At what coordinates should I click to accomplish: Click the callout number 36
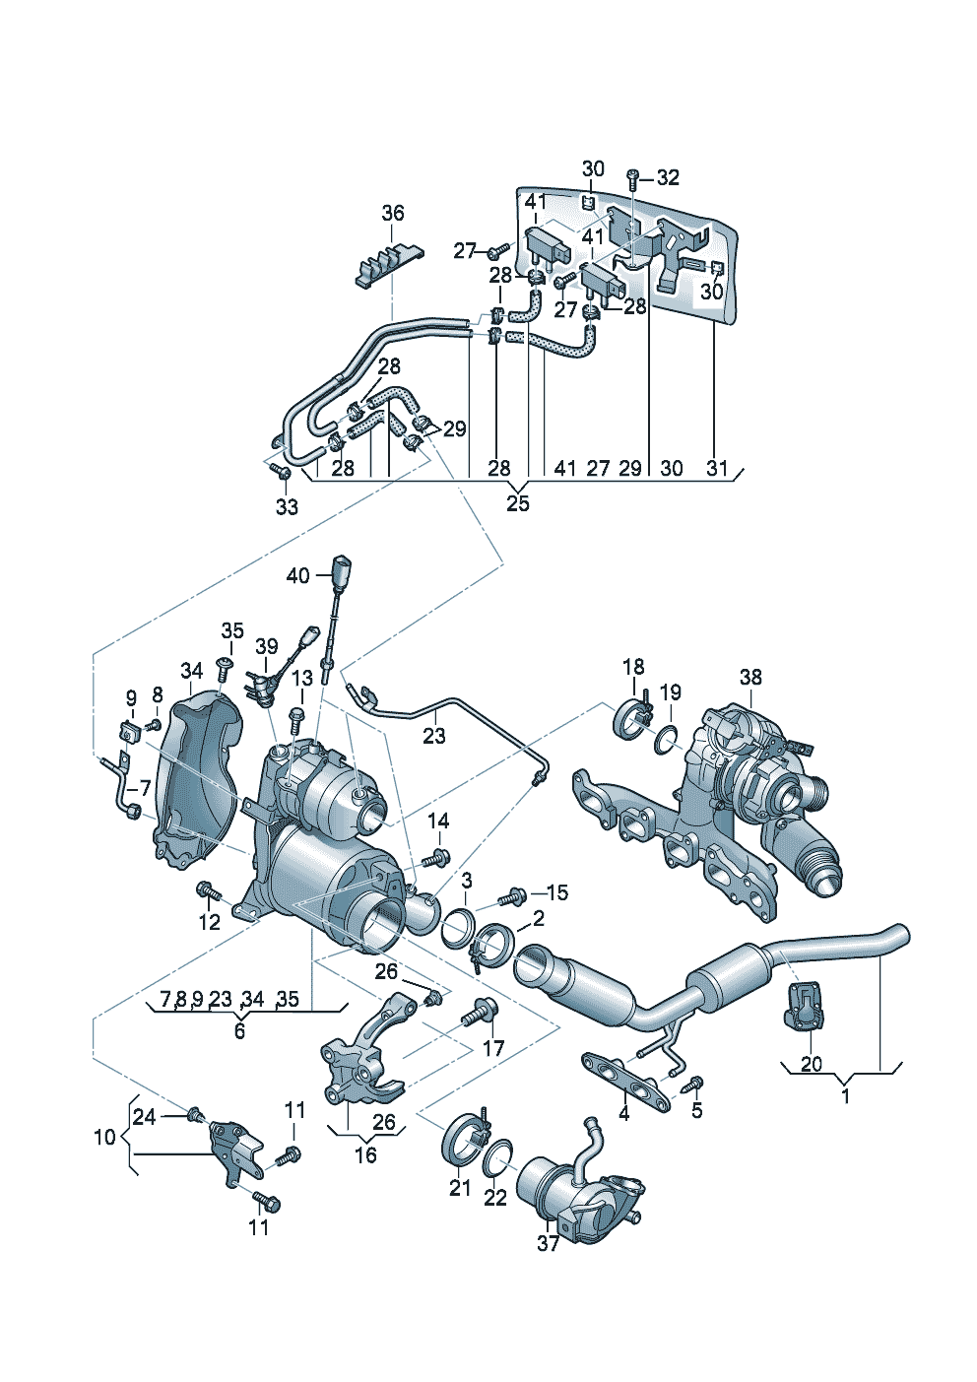(x=392, y=214)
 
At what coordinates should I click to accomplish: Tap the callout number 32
(x=668, y=178)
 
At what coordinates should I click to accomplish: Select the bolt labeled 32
(x=633, y=179)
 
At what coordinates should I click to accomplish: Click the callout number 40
(x=297, y=577)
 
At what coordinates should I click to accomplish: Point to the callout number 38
(x=750, y=677)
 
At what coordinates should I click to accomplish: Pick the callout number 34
(x=191, y=670)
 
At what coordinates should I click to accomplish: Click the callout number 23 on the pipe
(x=433, y=736)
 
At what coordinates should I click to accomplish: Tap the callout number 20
(x=812, y=1064)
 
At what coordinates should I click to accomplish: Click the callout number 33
(x=287, y=507)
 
